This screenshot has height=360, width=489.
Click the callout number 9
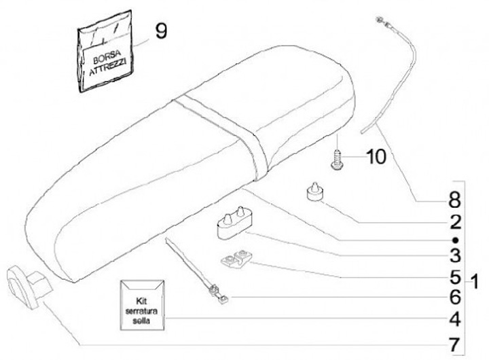(x=160, y=31)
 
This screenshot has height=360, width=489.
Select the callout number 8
(x=454, y=200)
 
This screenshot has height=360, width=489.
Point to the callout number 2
(x=454, y=221)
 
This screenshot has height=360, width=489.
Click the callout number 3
(x=454, y=256)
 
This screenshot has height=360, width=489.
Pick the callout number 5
(x=454, y=277)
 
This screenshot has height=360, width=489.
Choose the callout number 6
(x=454, y=298)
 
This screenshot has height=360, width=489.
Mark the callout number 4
(x=454, y=319)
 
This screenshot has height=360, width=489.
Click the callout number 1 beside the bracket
(x=475, y=280)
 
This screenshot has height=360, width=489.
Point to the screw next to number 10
(x=336, y=158)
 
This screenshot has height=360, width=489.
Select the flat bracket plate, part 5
(x=236, y=260)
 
